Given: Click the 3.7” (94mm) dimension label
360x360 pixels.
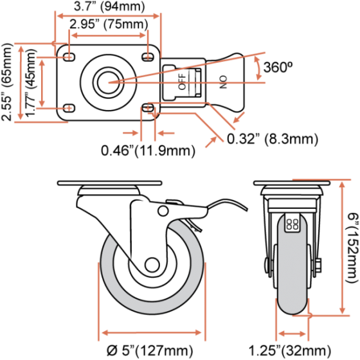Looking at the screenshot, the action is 109,6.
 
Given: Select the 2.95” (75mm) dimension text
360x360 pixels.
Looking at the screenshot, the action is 109,24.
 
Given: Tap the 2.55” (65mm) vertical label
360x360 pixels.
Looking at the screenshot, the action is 6,82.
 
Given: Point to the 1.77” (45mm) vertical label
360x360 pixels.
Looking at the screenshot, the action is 31,83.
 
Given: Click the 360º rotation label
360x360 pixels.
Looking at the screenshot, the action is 278,67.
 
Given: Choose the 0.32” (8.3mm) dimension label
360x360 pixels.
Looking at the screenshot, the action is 273,139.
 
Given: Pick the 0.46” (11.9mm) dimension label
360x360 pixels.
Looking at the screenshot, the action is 148,151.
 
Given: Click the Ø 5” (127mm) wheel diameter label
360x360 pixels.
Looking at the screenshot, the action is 150,350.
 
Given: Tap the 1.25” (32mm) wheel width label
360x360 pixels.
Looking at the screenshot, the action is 290,350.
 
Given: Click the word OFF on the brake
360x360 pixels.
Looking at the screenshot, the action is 182,82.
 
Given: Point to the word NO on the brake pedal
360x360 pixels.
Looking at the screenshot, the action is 223,82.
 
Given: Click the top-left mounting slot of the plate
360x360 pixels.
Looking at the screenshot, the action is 69,57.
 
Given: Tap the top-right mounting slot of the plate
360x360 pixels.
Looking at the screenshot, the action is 148,57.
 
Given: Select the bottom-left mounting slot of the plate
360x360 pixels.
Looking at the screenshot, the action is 69,108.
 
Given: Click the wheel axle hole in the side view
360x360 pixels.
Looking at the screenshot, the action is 152,265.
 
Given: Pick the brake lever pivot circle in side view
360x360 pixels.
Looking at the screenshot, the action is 163,211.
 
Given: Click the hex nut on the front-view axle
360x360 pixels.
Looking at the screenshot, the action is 318,267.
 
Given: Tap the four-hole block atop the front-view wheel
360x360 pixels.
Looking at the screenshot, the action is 292,224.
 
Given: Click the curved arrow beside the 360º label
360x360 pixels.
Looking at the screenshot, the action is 258,68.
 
